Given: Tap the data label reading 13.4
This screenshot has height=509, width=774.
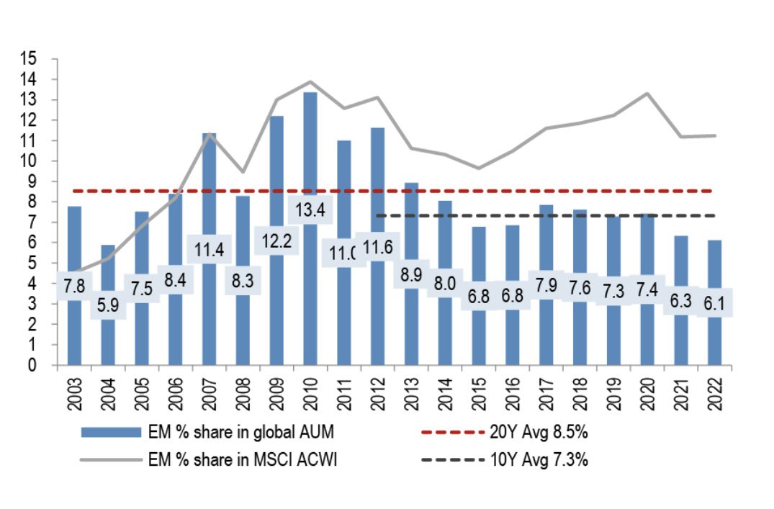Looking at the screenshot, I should coord(310,211).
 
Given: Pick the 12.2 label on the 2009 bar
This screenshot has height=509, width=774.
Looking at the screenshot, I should coord(276,242).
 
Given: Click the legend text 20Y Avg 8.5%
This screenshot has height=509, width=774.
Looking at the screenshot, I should coord(538,432).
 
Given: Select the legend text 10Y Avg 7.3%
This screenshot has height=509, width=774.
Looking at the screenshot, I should coord(538,460).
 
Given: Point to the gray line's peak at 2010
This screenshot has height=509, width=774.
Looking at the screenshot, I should coord(310,81).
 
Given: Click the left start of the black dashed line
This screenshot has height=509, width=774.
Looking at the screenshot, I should coord(377,215).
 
